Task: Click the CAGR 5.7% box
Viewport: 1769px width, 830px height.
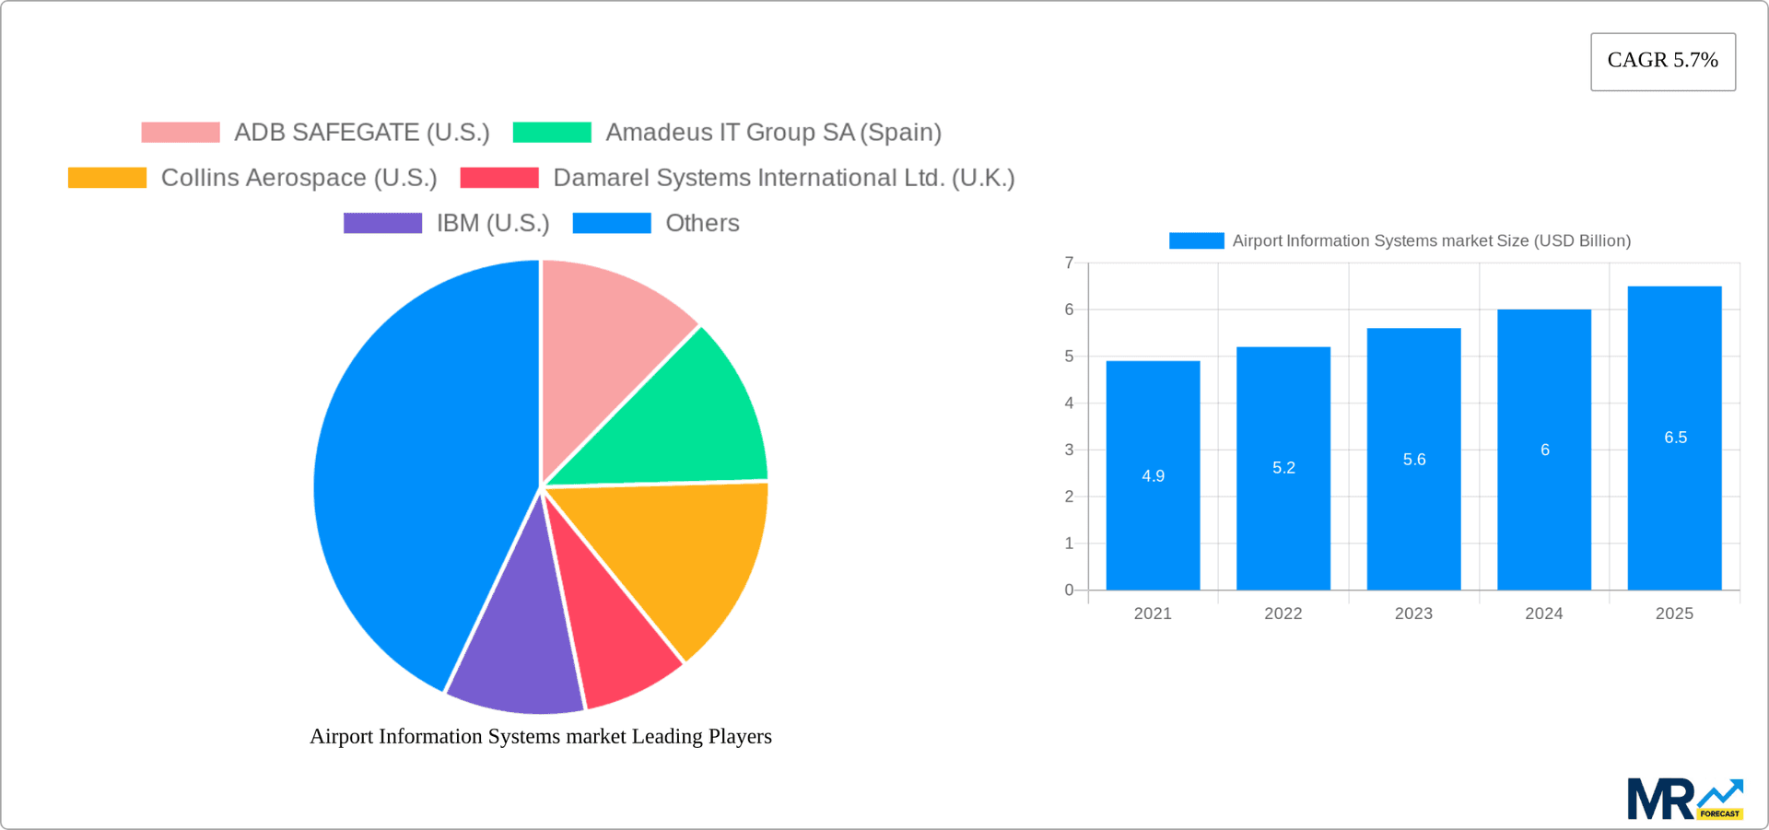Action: point(1662,61)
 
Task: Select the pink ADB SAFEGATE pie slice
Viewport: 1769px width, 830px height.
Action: point(608,350)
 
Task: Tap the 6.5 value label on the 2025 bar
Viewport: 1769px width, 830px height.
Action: point(1675,438)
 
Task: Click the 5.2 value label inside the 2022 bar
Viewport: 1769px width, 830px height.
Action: point(1283,468)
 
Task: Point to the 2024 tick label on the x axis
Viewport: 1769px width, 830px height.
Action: point(1543,614)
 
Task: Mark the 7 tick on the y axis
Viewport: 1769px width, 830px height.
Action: point(1069,263)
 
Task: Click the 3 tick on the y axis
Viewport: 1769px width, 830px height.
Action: point(1069,450)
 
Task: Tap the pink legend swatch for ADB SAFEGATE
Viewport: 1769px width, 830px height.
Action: point(181,133)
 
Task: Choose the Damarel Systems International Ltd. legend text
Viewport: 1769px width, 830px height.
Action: point(783,178)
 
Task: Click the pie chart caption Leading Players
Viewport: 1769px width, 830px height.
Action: point(541,736)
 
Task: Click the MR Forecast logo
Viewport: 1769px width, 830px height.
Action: point(1684,799)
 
